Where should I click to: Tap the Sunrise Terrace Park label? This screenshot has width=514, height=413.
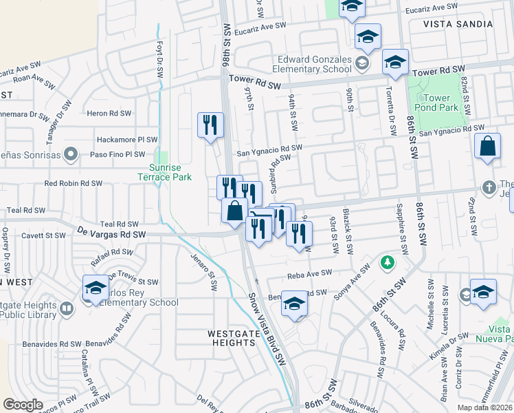(x=171, y=172)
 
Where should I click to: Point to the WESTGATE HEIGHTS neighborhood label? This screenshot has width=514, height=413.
(x=231, y=337)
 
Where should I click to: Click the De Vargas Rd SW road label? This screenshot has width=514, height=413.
(x=112, y=234)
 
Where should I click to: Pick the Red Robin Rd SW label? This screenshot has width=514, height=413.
(x=74, y=184)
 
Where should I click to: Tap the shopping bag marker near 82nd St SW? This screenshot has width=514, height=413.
(x=487, y=147)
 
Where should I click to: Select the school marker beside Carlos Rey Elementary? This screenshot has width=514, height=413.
(x=95, y=288)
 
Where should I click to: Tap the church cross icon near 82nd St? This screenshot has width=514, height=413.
(x=489, y=187)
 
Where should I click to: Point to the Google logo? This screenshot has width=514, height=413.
(x=23, y=404)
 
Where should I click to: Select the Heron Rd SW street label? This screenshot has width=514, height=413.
(x=111, y=113)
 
